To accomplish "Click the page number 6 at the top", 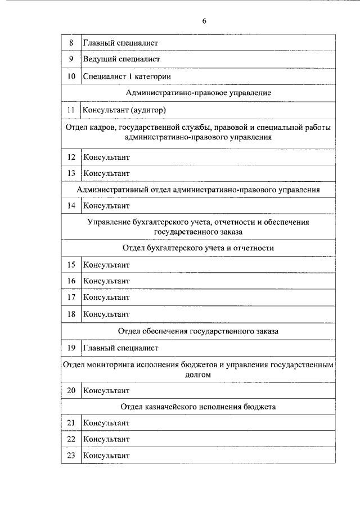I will point(204,21).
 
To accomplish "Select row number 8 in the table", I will point(71,42).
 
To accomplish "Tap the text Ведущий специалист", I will point(122,59).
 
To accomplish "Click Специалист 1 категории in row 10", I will point(127,76).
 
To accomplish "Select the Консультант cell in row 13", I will point(106,173).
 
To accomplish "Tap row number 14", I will point(71,206).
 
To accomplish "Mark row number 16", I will point(71,281).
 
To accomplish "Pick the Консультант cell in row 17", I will point(106,297).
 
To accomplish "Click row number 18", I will point(71,314).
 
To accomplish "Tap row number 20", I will point(71,390).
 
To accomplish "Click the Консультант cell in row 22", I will point(106,439).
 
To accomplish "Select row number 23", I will point(71,456).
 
